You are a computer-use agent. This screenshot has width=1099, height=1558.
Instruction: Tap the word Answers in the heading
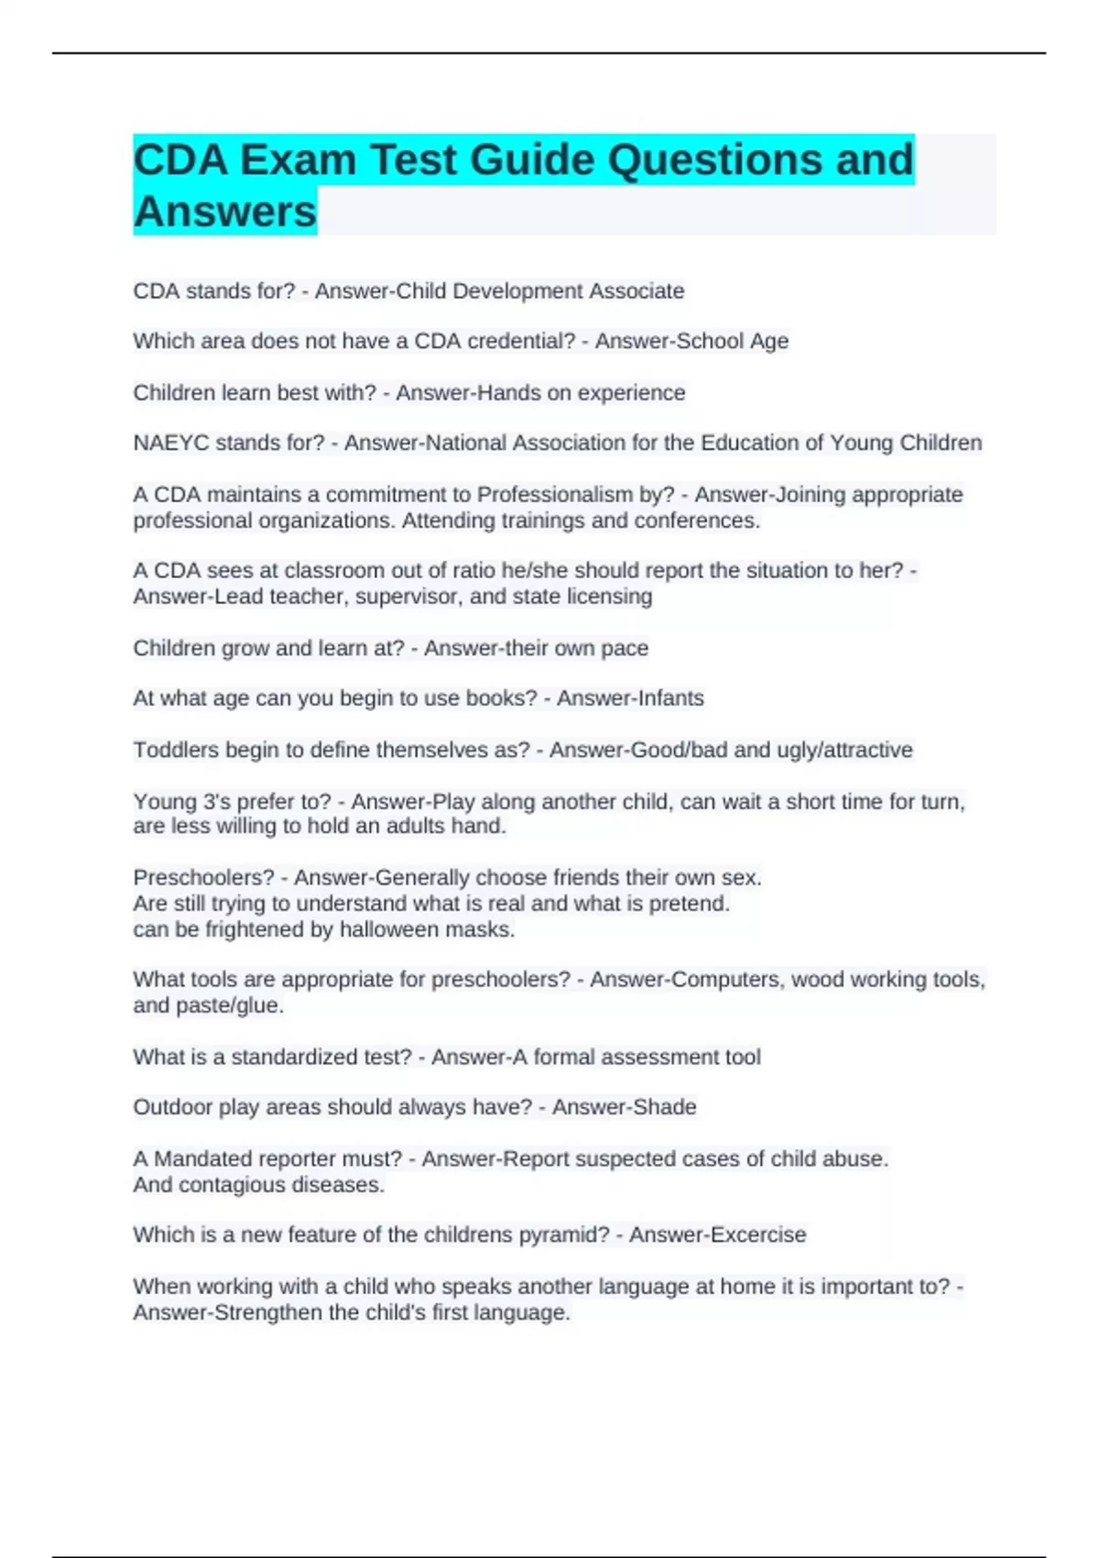tap(225, 213)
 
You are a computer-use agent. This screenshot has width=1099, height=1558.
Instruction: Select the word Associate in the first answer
tap(637, 291)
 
